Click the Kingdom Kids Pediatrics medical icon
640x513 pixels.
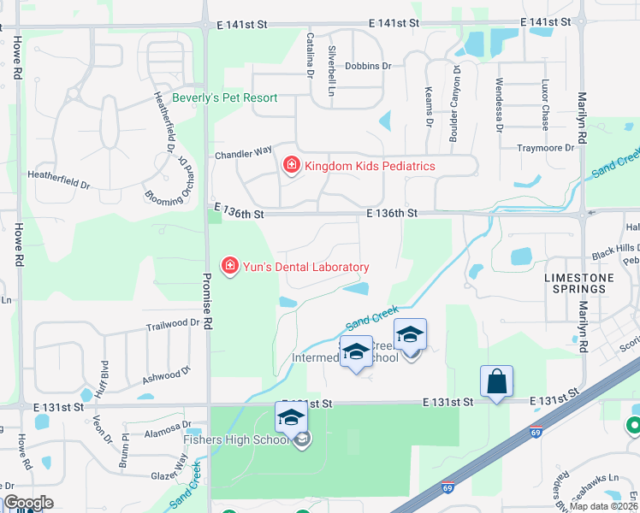[292, 165]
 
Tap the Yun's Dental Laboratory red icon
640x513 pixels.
[229, 267]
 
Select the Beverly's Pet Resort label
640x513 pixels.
[225, 97]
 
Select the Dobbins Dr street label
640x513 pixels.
[368, 66]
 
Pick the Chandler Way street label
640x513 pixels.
[243, 153]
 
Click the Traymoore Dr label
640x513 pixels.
[545, 148]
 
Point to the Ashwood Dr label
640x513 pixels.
[162, 375]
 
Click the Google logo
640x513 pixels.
[28, 503]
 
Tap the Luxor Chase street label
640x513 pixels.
[544, 104]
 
